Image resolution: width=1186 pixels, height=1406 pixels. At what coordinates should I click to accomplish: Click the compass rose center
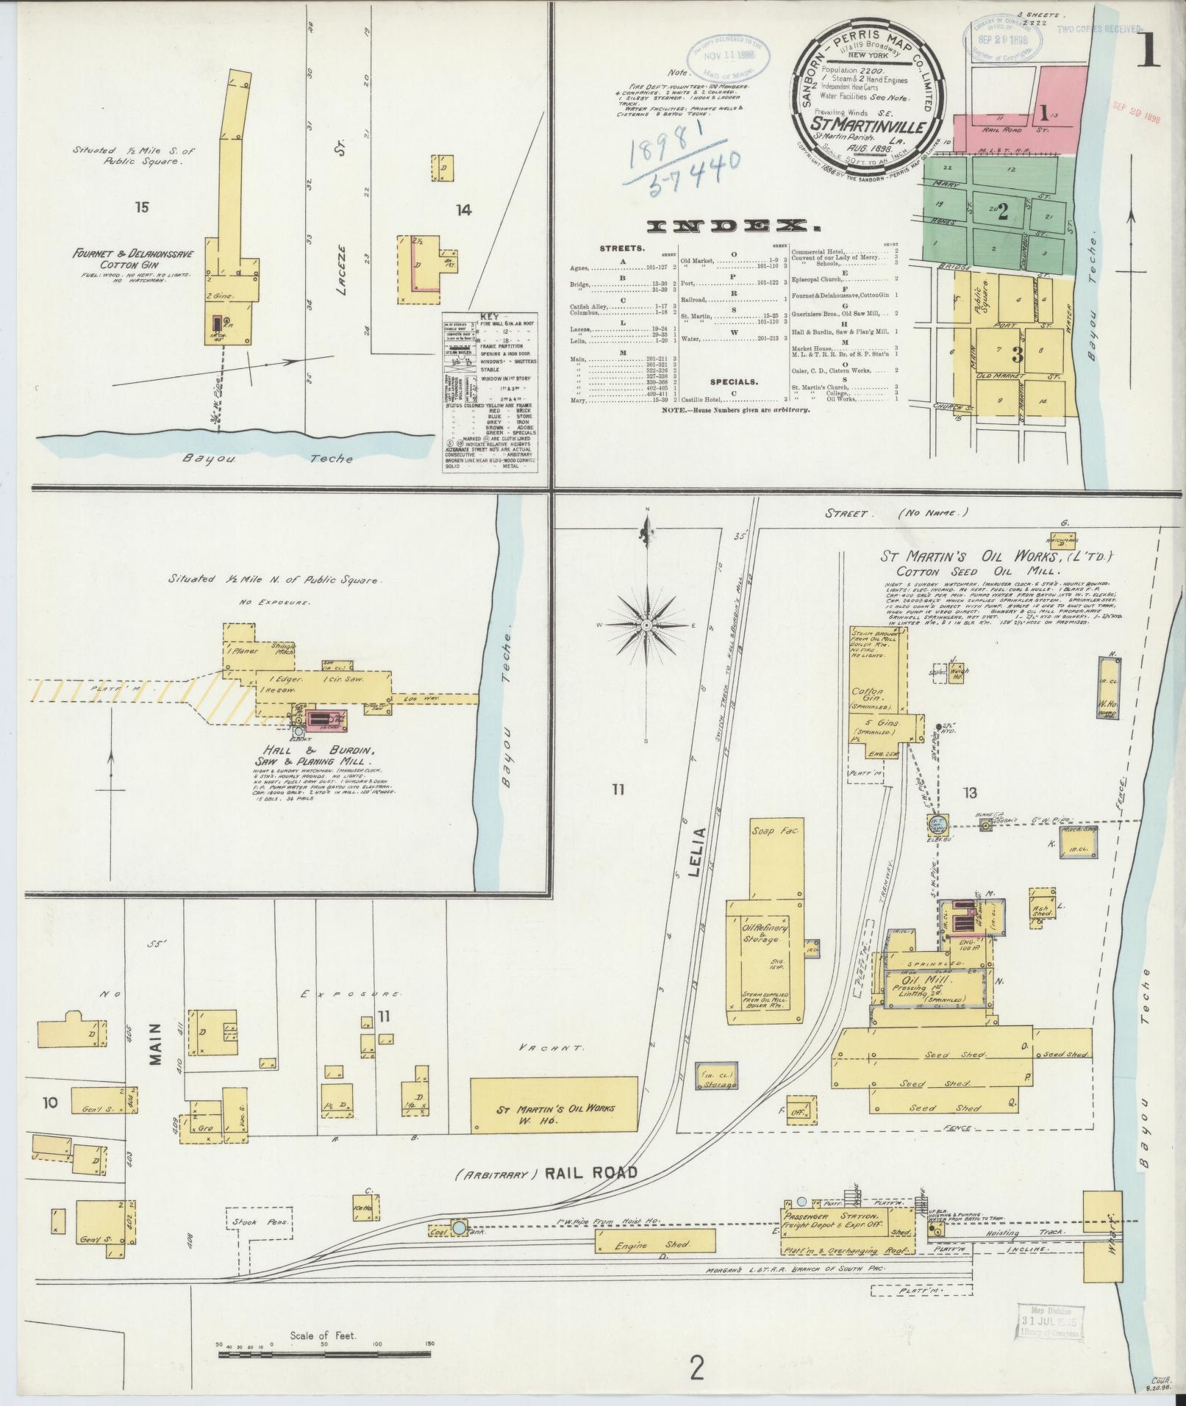tap(646, 625)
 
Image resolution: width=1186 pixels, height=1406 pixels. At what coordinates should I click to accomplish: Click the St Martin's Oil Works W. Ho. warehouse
tap(552, 1113)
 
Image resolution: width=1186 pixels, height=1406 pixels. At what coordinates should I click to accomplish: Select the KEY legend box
tap(489, 393)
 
